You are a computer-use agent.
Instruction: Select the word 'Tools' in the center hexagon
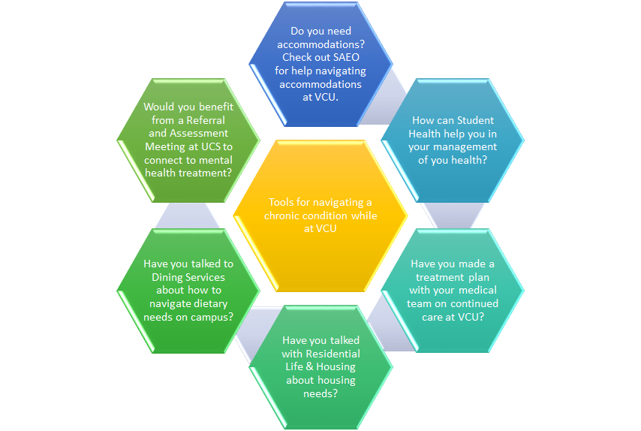coord(282,202)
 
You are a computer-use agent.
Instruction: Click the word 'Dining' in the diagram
coord(161,277)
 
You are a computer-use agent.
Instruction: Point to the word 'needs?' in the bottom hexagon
coord(320,393)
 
